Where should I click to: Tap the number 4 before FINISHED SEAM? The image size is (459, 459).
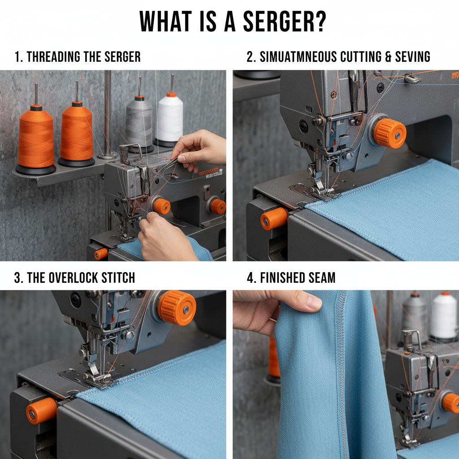[251, 277]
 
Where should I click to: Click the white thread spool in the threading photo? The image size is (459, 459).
[170, 118]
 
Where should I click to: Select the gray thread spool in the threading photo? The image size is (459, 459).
[139, 122]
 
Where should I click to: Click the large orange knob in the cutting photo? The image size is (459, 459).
[390, 133]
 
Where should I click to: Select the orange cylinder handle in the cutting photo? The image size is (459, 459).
[273, 219]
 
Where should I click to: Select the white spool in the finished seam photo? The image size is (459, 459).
[444, 316]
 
